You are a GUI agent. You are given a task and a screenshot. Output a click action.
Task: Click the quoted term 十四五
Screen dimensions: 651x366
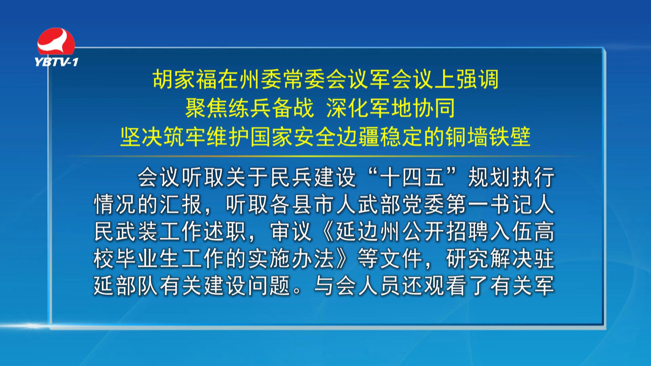pos(412,177)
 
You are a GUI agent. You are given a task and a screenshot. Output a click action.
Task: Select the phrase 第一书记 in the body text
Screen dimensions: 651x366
pos(489,204)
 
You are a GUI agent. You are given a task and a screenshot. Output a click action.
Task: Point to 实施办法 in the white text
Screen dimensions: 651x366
pos(291,259)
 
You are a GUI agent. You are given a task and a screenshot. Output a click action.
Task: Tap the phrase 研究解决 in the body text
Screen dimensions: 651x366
pos(489,259)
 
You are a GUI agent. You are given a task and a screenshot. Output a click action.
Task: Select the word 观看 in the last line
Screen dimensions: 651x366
pos(445,286)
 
